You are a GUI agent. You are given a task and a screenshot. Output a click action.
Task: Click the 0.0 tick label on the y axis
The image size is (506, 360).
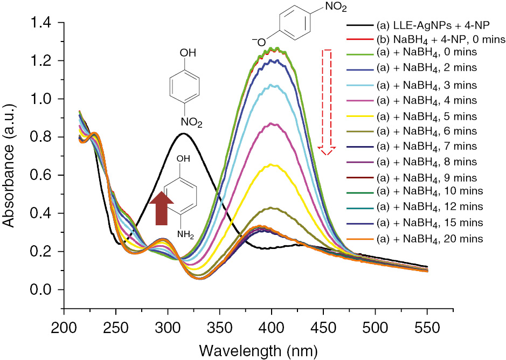[x=46, y=290]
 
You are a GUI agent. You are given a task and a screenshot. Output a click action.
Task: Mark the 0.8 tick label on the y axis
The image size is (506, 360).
[x=46, y=137]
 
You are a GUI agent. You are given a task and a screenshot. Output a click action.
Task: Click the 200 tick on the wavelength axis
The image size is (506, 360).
[x=64, y=326]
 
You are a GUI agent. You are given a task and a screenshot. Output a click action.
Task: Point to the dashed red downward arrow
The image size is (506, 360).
[x=325, y=102]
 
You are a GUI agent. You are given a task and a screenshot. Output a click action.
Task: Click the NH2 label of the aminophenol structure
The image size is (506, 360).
[x=186, y=234]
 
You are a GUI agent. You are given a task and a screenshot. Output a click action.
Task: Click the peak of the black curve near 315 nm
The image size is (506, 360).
[x=183, y=133]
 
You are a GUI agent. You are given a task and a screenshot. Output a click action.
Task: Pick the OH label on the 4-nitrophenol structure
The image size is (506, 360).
[x=185, y=53]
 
